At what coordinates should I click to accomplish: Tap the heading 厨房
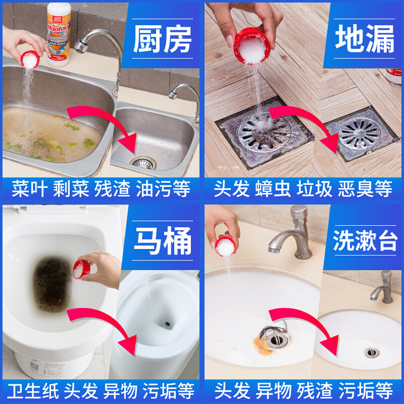tap(162, 39)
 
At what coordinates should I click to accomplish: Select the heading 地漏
tap(365, 39)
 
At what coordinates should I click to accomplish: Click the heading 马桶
tap(163, 241)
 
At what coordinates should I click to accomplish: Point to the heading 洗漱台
tap(365, 241)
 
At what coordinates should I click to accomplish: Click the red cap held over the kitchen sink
tap(30, 60)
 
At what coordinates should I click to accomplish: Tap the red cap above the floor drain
tap(252, 46)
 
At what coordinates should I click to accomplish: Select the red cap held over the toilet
tap(81, 270)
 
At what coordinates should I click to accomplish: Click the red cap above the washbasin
tap(225, 246)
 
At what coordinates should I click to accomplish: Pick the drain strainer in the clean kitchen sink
tap(143, 163)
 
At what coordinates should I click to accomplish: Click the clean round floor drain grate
tap(360, 134)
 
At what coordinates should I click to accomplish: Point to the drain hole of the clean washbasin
tap(372, 352)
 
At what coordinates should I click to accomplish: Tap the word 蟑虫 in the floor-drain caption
tap(273, 189)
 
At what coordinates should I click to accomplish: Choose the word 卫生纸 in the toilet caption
tap(33, 391)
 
